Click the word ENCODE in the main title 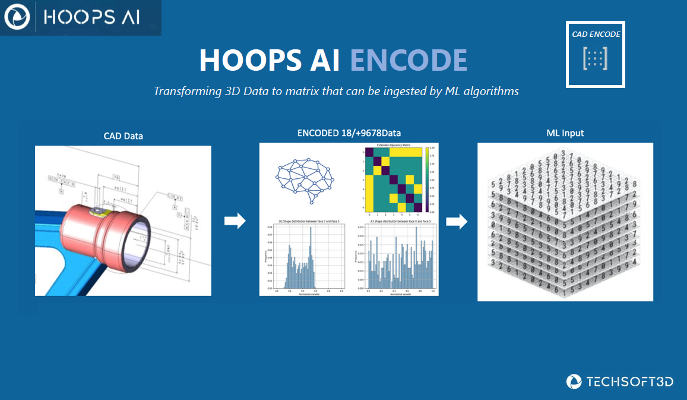pyautogui.click(x=408, y=60)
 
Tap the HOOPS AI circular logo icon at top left pyautogui.click(x=17, y=18)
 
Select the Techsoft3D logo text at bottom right pyautogui.click(x=629, y=382)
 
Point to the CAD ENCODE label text pyautogui.click(x=596, y=34)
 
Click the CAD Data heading pyautogui.click(x=123, y=136)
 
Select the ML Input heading pyautogui.click(x=565, y=133)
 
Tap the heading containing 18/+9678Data pyautogui.click(x=349, y=134)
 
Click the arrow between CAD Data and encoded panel pyautogui.click(x=235, y=222)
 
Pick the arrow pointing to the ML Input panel pyautogui.click(x=457, y=222)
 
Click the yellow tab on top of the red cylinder pyautogui.click(x=97, y=211)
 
